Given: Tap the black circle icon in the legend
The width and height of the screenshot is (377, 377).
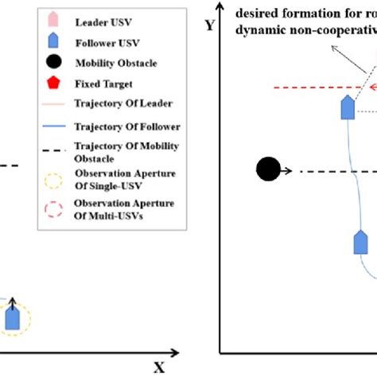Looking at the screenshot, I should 52,61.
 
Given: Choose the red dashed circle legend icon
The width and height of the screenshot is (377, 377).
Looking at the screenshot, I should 52,209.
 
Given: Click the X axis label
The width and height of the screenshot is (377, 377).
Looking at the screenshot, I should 158,367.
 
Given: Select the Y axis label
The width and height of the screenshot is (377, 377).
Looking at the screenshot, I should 209,25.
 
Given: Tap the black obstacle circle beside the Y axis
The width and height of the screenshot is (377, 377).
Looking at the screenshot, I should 268,169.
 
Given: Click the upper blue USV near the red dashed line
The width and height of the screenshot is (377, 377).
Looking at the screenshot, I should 347,107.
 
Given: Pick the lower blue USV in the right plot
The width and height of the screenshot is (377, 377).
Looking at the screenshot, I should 360,241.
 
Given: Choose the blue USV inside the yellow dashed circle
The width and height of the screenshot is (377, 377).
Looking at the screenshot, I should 12,317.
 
